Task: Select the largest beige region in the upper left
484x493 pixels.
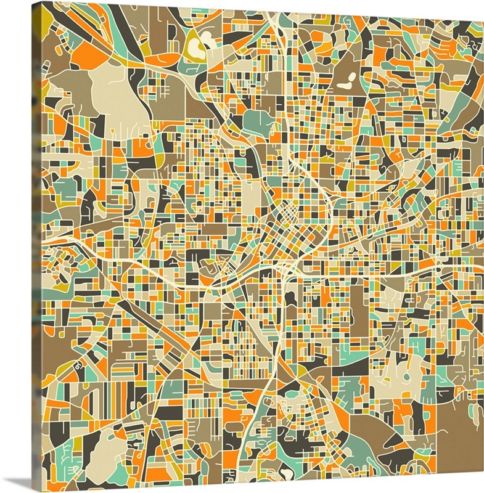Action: tap(117, 92)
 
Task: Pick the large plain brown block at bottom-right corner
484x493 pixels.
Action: tap(459, 431)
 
